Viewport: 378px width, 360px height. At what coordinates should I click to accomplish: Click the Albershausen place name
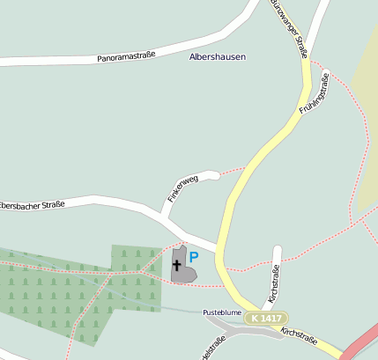218,56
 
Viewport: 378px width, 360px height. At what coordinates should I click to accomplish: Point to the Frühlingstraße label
314,96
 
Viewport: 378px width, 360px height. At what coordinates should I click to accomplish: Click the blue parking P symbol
194,257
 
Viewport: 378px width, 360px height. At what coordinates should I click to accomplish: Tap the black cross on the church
177,264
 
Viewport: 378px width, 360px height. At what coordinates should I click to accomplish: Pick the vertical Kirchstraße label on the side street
275,283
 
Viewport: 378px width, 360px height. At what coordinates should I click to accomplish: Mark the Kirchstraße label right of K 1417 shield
299,334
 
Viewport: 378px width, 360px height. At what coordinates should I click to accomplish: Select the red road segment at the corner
362,342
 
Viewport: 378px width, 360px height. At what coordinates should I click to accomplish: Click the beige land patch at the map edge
366,132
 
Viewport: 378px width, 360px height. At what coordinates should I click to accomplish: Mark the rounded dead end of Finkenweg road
211,174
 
